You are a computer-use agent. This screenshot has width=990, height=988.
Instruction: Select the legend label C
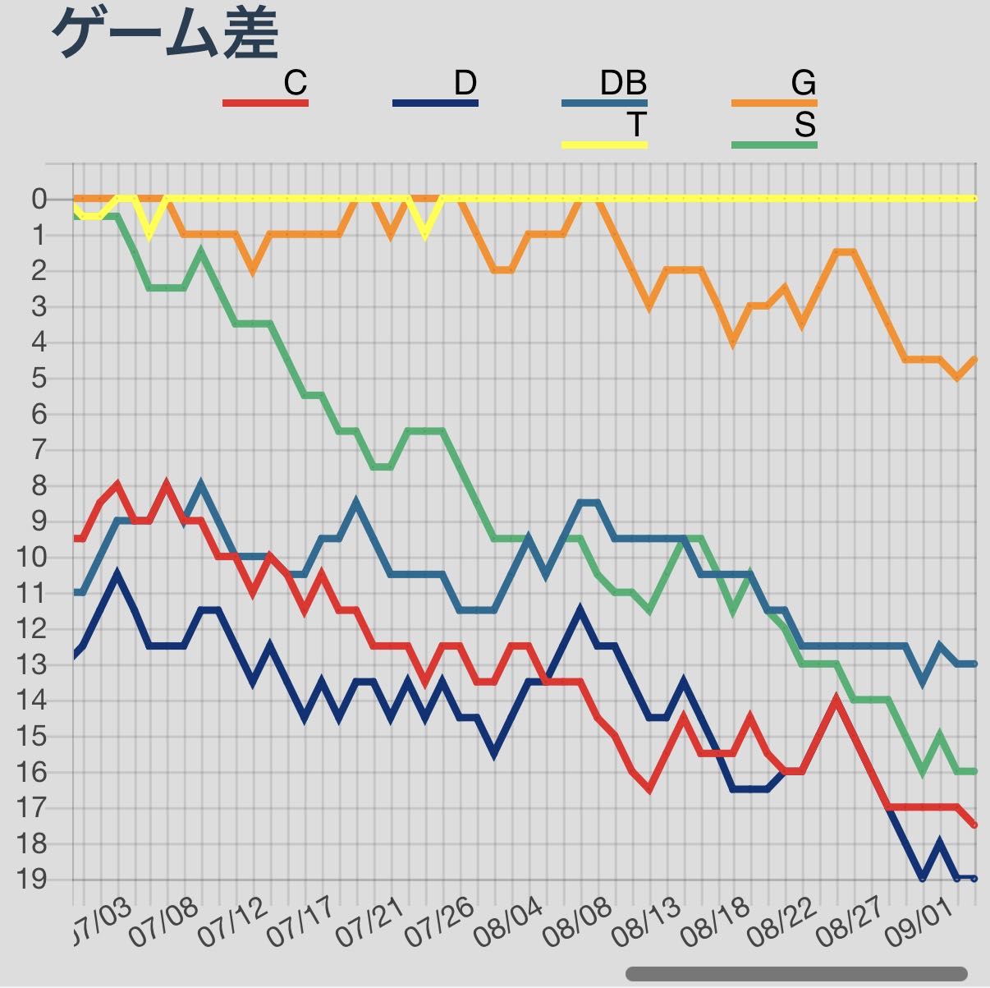tap(296, 82)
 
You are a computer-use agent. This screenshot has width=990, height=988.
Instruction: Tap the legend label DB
tap(623, 82)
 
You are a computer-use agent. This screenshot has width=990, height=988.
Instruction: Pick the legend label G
tap(804, 82)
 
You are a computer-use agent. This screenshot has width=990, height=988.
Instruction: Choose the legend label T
tap(636, 124)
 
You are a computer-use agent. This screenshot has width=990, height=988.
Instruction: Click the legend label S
tap(805, 124)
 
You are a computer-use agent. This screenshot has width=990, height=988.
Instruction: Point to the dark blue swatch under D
tap(435, 103)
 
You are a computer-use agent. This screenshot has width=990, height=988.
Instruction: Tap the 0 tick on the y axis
tap(39, 200)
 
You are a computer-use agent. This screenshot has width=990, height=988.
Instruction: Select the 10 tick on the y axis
tap(32, 557)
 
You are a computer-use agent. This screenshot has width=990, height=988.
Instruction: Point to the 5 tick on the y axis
tap(39, 379)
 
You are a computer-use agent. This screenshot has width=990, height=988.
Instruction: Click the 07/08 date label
tap(163, 923)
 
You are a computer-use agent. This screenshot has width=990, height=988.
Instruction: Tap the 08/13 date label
tap(646, 923)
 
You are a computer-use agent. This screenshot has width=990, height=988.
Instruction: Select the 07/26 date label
tap(438, 923)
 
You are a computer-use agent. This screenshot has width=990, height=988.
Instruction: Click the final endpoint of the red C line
tap(974, 825)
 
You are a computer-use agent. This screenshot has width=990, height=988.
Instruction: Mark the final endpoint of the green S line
tap(974, 771)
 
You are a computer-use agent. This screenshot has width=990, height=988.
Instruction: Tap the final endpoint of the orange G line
tap(974, 360)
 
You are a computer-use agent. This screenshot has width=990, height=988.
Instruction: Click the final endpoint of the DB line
tap(974, 664)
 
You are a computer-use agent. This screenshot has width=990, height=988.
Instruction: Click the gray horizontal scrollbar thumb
tap(796, 973)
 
